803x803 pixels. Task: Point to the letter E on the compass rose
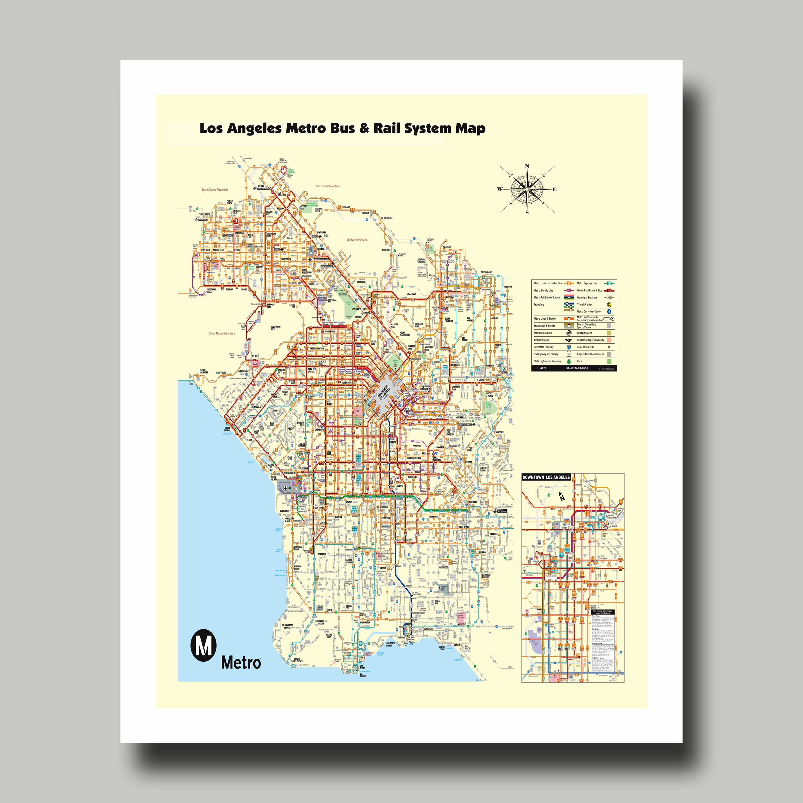click(554, 190)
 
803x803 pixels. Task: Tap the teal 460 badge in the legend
click(609, 283)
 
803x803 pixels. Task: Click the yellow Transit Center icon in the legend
click(609, 305)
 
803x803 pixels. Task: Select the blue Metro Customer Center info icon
click(609, 311)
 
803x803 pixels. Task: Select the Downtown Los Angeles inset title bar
click(546, 477)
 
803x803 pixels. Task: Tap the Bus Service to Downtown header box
click(602, 612)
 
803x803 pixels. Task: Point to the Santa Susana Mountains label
click(215, 190)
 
